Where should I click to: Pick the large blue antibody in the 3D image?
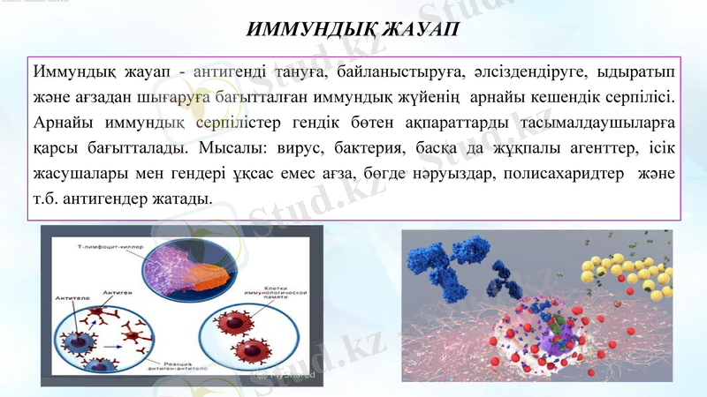[442, 260]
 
